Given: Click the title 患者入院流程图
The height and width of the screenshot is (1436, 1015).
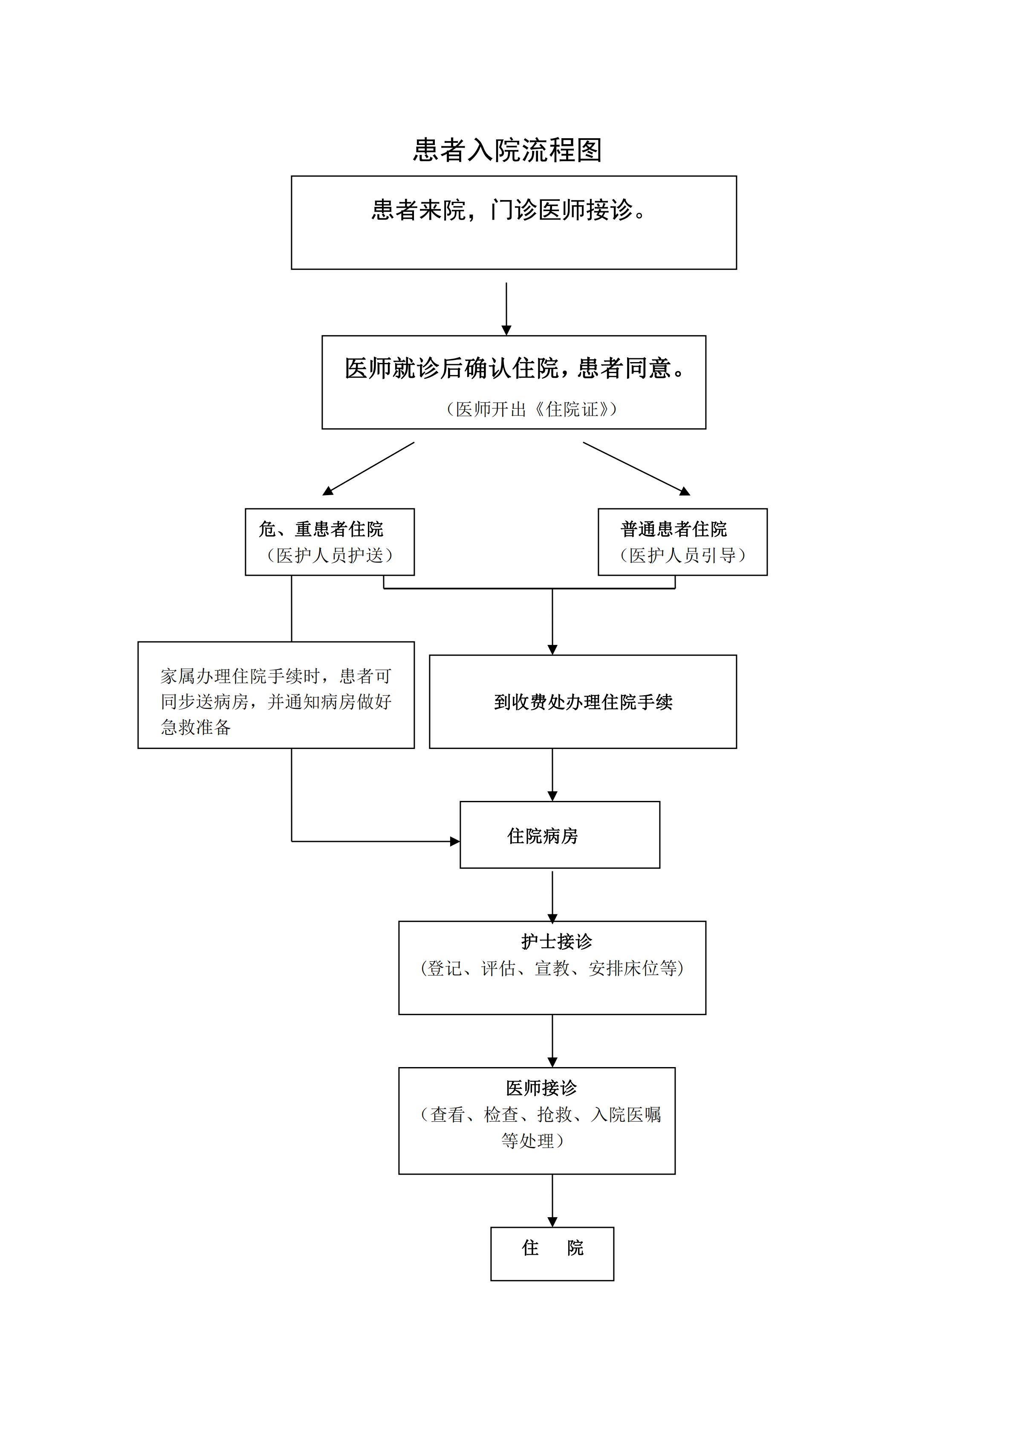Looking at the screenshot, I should pyautogui.click(x=507, y=151).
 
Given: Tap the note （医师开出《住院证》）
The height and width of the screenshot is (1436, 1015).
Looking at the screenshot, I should pyautogui.click(x=531, y=409).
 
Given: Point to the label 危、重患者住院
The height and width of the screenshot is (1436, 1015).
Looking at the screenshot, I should pyautogui.click(x=321, y=529).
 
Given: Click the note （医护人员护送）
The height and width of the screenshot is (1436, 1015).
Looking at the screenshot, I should pyautogui.click(x=330, y=555).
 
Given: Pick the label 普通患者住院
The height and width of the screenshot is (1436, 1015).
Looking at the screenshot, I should pyautogui.click(x=674, y=529).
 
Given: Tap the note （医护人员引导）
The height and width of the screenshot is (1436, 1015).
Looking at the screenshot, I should pyautogui.click(x=682, y=555).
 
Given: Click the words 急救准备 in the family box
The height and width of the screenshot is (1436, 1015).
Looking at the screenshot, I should pyautogui.click(x=196, y=727).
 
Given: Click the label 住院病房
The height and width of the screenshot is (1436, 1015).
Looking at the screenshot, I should pyautogui.click(x=543, y=836).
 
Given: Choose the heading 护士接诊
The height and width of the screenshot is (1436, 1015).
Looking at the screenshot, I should pyautogui.click(x=556, y=941).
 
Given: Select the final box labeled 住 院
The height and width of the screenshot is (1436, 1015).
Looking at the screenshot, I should pyautogui.click(x=552, y=1248).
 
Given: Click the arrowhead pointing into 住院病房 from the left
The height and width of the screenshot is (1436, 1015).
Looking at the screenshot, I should pyautogui.click(x=455, y=841).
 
